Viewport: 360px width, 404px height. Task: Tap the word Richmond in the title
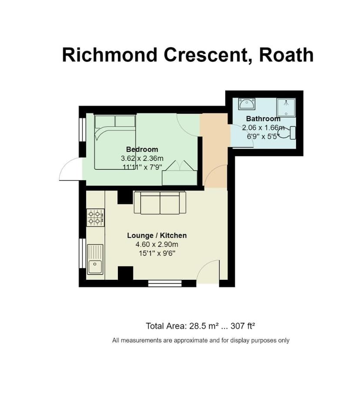click(110, 55)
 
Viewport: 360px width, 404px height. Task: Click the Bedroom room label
click(142, 150)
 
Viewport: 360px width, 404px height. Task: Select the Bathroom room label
click(263, 119)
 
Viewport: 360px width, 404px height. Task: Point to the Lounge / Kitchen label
click(157, 235)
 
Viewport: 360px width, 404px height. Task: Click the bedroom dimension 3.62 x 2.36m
click(142, 159)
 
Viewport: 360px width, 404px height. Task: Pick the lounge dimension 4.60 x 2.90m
click(157, 245)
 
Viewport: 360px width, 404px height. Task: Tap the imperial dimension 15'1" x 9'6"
click(157, 254)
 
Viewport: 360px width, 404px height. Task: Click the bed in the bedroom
click(116, 141)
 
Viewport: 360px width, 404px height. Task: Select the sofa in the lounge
click(160, 203)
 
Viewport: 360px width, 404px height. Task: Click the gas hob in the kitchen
click(96, 217)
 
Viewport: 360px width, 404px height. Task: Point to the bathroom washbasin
click(247, 104)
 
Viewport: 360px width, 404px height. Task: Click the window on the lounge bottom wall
click(165, 284)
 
